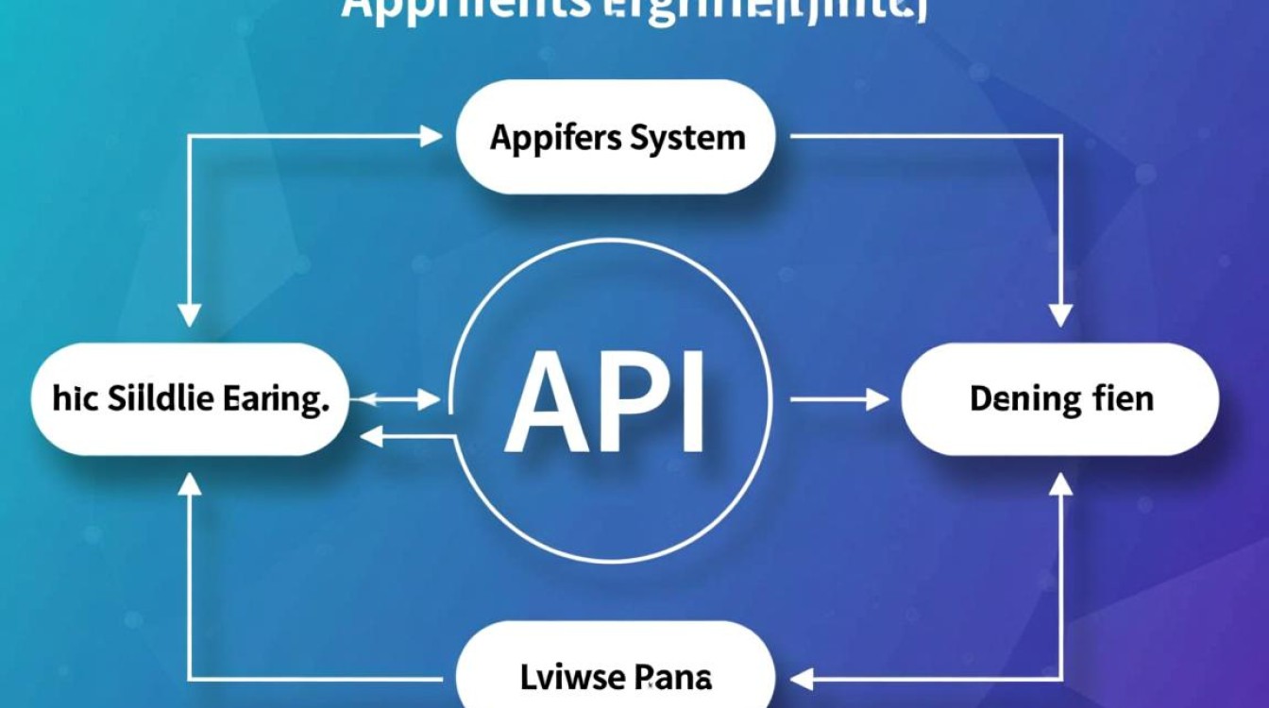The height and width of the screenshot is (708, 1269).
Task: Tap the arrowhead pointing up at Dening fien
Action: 1061,483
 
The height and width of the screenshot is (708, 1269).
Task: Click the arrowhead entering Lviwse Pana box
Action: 801,677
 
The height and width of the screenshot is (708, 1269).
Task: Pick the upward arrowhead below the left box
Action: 190,483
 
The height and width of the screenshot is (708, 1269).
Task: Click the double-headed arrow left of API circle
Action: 401,401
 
